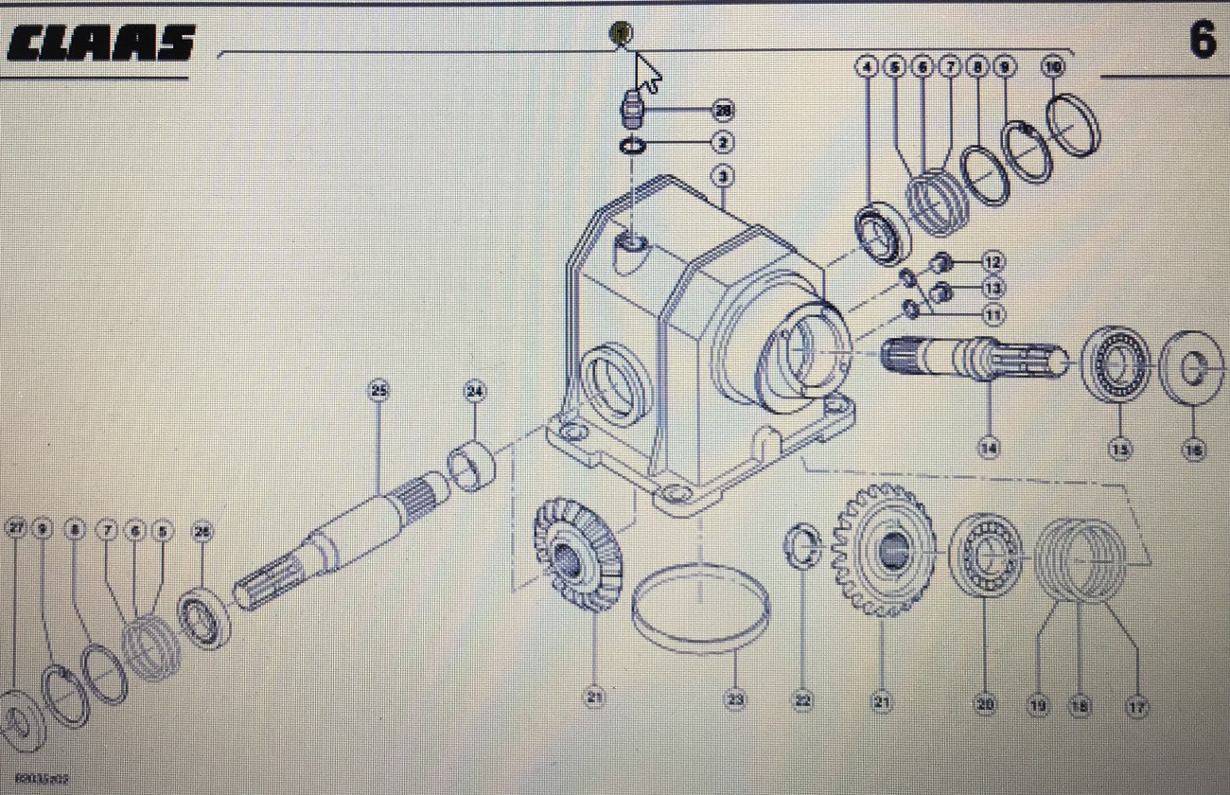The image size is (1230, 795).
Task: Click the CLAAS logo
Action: click(100, 44)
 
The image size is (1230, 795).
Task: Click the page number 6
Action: click(1202, 40)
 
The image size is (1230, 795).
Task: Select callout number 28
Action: click(724, 112)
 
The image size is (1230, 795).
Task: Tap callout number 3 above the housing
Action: click(723, 176)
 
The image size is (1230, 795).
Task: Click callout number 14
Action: click(990, 449)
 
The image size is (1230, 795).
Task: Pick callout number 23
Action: click(735, 700)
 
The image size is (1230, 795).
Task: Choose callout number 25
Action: click(379, 390)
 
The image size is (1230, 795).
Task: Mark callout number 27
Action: click(15, 529)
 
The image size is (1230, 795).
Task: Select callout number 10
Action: click(1053, 66)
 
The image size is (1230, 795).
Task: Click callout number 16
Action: click(1194, 450)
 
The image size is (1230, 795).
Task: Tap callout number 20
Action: click(986, 704)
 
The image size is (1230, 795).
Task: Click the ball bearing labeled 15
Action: click(1117, 363)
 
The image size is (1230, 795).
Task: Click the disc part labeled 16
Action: click(1192, 368)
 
